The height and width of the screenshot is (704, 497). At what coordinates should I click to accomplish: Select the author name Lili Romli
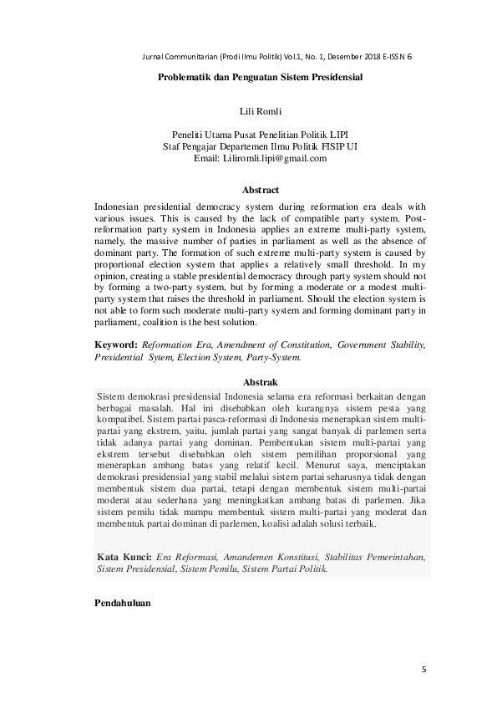tap(260, 110)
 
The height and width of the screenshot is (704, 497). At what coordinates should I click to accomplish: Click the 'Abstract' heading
tap(260, 191)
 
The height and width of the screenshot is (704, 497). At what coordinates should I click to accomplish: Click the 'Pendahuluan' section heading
tap(123, 604)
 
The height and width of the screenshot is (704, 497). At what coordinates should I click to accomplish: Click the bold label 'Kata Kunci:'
tap(124, 556)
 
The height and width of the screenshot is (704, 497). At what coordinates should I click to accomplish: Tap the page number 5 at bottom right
tap(423, 670)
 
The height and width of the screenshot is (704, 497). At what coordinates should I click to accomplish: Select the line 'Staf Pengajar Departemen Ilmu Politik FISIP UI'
tap(260, 146)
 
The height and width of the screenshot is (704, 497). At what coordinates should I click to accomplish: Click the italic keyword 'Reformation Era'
tap(176, 344)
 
